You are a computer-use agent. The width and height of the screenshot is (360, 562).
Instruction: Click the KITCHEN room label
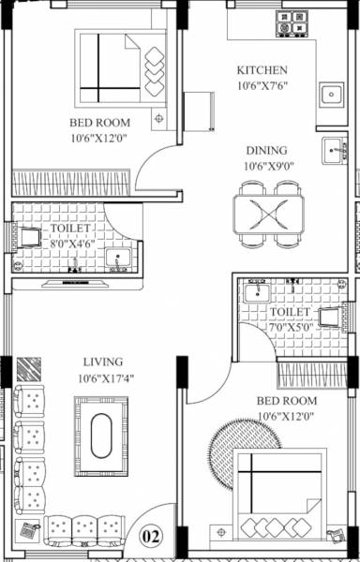click(x=262, y=70)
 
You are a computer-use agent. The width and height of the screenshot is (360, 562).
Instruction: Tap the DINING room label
click(x=266, y=150)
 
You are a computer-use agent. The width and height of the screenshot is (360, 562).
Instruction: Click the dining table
click(x=269, y=214)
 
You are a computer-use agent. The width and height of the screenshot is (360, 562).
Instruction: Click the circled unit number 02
click(x=150, y=537)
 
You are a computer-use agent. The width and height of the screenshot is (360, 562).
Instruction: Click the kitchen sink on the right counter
click(x=330, y=95)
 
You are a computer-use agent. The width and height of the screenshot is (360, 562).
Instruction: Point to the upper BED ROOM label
click(x=98, y=123)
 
